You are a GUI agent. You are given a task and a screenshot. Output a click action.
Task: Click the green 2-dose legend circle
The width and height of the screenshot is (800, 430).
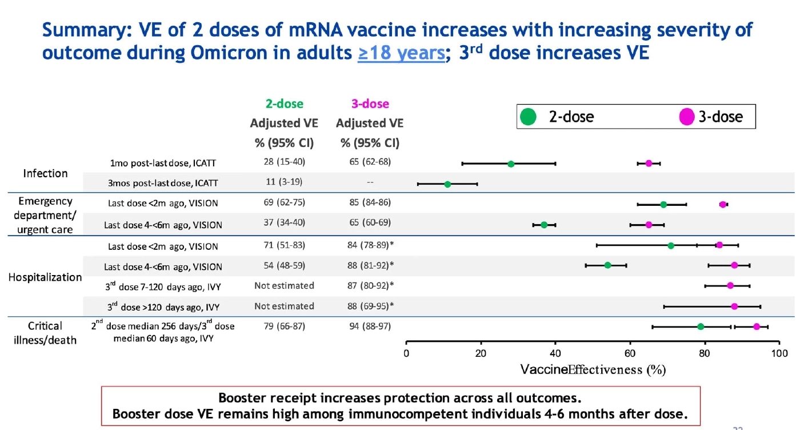[529, 117]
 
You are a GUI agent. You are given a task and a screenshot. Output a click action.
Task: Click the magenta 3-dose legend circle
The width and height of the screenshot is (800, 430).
[687, 117]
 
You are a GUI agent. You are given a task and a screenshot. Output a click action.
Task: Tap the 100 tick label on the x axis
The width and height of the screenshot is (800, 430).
[779, 353]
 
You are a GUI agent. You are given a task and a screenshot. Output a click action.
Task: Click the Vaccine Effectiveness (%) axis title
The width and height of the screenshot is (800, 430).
[593, 369]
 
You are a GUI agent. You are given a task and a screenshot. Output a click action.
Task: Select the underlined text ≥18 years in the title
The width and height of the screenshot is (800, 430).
[401, 53]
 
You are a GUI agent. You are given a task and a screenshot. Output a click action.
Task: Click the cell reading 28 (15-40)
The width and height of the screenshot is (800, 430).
[284, 162]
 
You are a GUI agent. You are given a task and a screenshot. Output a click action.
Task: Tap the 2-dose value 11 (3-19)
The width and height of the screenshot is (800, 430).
[284, 182]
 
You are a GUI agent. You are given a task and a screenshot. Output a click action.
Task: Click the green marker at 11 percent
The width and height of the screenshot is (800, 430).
[447, 184]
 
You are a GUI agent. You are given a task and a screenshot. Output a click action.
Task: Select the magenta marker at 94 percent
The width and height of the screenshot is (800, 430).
[757, 327]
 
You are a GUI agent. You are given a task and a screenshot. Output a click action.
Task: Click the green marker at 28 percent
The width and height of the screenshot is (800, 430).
[511, 164]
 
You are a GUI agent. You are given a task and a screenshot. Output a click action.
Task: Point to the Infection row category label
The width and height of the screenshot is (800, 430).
[45, 173]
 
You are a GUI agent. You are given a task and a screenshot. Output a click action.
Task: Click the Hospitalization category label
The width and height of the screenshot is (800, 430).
[45, 277]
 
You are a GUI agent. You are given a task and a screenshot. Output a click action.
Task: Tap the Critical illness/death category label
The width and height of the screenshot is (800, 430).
[45, 333]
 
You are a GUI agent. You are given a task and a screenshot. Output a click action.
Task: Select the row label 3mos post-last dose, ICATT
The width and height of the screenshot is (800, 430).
[163, 184]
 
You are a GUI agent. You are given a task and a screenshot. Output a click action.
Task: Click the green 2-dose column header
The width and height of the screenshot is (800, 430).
[284, 103]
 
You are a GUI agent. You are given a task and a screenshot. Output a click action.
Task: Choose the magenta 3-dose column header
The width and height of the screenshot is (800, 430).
[370, 103]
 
